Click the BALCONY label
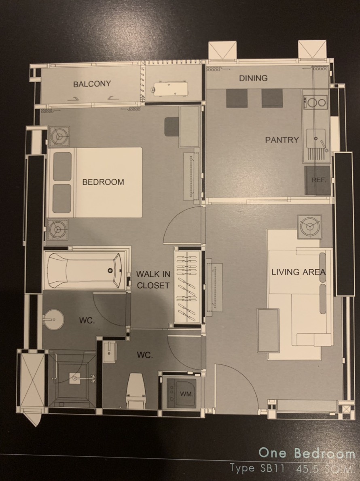click(92, 84)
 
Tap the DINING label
click(253, 78)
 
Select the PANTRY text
click(282, 140)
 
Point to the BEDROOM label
click(103, 182)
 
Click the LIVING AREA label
click(299, 272)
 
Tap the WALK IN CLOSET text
click(153, 279)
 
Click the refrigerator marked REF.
click(318, 181)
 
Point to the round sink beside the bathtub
click(53, 319)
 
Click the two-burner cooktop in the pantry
click(315, 102)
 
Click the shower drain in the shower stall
click(74, 378)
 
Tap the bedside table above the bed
click(59, 136)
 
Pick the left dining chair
click(237, 98)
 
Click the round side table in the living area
click(309, 227)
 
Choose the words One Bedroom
click(306, 453)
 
